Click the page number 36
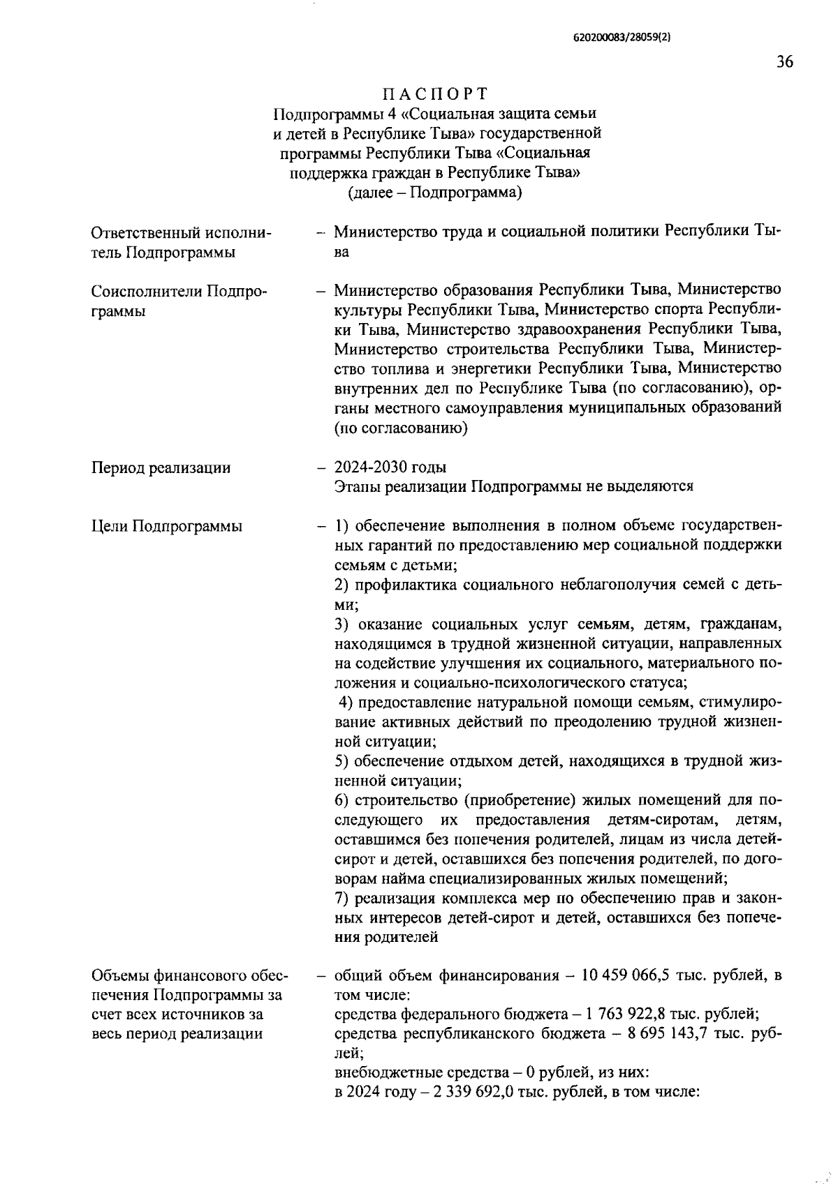click(784, 62)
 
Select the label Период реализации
click(161, 467)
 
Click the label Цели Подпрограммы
click(167, 526)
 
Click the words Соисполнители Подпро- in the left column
click(179, 291)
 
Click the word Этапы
click(356, 486)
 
